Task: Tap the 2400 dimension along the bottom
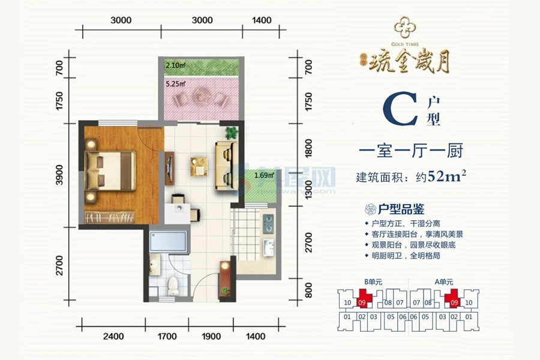pyautogui.click(x=113, y=337)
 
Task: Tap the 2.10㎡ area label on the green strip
pyautogui.click(x=175, y=65)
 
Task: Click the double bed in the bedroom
pyautogui.click(x=110, y=170)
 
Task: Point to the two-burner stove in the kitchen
pyautogui.click(x=268, y=224)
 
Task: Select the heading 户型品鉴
pyautogui.click(x=401, y=209)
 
